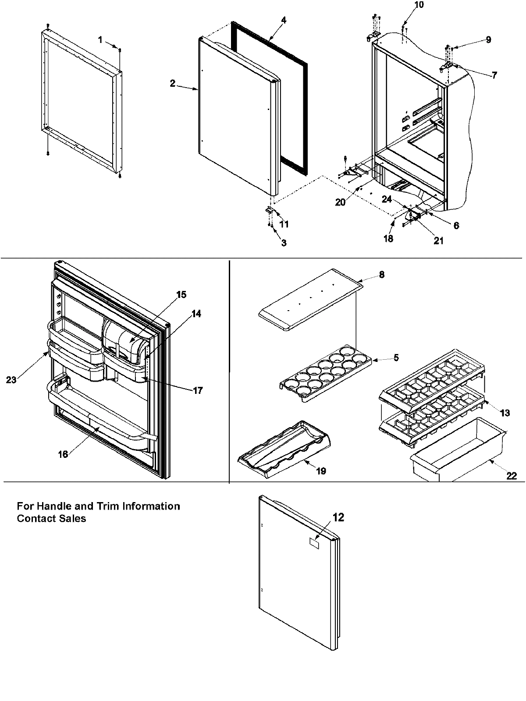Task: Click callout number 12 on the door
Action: (x=338, y=517)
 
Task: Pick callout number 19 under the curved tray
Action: (x=321, y=471)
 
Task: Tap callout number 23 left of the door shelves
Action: (x=11, y=380)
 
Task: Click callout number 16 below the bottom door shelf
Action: (x=63, y=454)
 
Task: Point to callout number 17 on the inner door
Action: (x=198, y=390)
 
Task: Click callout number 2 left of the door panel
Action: (x=173, y=83)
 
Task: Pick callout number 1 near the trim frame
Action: (x=100, y=39)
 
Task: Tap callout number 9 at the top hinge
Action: (x=488, y=39)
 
